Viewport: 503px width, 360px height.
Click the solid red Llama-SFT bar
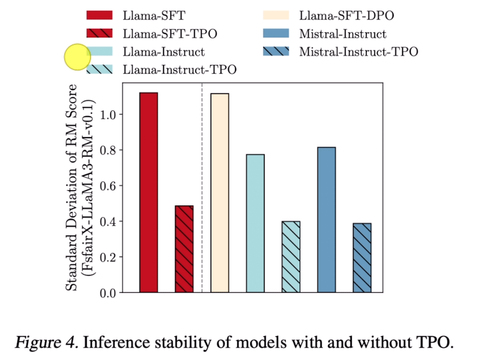point(148,192)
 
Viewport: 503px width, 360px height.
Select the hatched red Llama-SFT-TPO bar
point(184,249)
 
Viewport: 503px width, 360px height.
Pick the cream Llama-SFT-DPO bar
point(220,192)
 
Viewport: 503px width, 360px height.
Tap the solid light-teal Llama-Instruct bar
point(255,223)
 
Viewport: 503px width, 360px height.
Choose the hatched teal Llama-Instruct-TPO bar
point(291,257)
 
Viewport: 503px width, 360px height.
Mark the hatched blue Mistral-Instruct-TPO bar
point(362,258)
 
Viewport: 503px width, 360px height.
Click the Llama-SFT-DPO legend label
point(346,16)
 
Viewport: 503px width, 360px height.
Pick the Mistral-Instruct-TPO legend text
point(359,52)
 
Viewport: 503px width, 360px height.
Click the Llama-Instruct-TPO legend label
point(179,70)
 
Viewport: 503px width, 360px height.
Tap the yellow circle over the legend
point(77,57)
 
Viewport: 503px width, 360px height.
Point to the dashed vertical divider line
point(202,187)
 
